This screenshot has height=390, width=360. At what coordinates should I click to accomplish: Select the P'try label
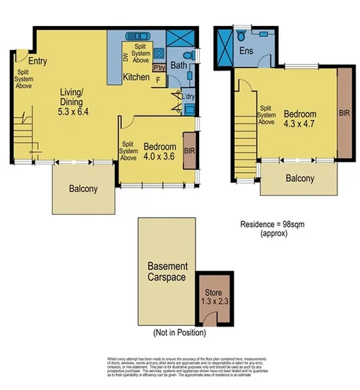pyautogui.click(x=159, y=68)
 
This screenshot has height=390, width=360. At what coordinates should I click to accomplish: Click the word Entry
pyautogui.click(x=37, y=61)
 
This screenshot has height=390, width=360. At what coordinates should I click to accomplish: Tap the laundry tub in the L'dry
pyautogui.click(x=189, y=109)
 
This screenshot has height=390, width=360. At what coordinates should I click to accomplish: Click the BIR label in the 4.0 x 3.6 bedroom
pyautogui.click(x=189, y=150)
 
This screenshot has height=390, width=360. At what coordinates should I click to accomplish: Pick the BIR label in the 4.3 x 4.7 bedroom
pyautogui.click(x=343, y=113)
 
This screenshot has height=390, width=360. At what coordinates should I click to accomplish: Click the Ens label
pyautogui.click(x=246, y=51)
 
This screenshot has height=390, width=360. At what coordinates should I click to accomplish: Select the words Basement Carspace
pyautogui.click(x=167, y=272)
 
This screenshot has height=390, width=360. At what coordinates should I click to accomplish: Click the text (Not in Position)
pyautogui.click(x=179, y=331)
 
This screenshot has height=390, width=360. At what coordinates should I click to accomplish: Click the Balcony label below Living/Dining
pyautogui.click(x=83, y=189)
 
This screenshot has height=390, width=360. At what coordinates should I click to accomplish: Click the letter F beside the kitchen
pyautogui.click(x=157, y=80)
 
